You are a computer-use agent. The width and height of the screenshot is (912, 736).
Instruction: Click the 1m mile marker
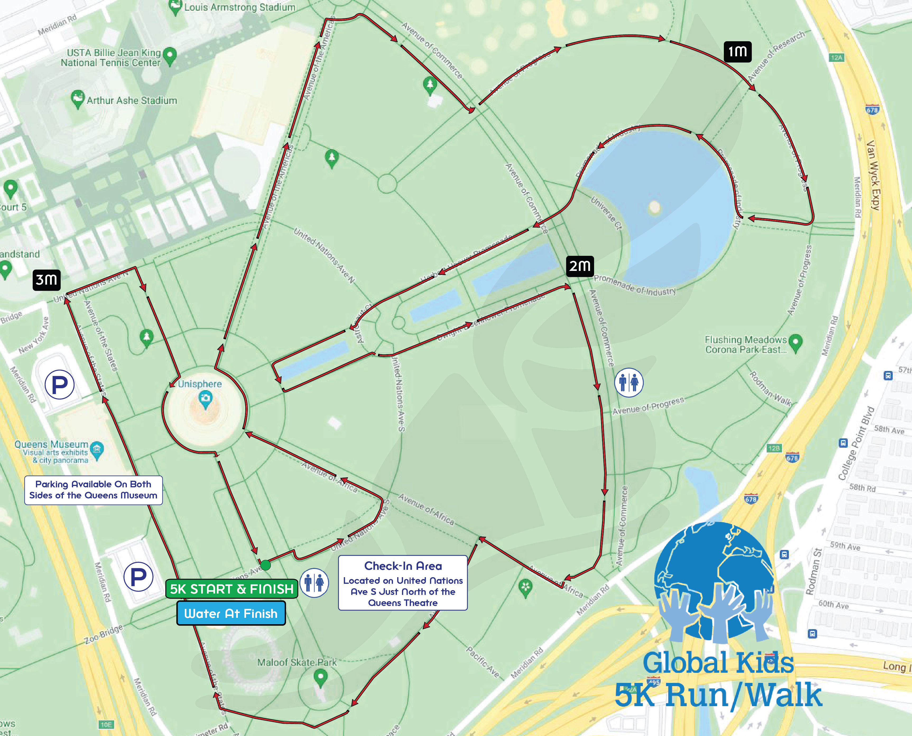737,52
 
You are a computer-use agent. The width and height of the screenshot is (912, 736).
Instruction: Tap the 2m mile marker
580,266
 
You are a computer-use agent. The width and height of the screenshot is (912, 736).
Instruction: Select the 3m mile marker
46,280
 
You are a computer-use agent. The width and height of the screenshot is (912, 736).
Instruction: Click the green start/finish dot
265,565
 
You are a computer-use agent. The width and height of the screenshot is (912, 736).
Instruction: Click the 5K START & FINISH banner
232,589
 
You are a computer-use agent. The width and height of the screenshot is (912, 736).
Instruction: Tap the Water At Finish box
231,613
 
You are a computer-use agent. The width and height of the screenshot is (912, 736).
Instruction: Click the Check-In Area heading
403,566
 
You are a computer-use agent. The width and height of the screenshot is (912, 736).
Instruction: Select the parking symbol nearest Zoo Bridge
138,577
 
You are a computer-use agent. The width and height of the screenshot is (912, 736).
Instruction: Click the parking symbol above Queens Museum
60,385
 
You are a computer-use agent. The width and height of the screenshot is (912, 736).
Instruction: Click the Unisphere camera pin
206,399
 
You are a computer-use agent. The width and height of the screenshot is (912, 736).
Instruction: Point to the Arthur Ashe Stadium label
131,100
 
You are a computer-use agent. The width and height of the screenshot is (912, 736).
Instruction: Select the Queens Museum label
51,444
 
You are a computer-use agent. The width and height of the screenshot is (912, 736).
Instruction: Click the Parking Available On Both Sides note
93,490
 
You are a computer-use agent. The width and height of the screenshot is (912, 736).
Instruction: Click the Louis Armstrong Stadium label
239,7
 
